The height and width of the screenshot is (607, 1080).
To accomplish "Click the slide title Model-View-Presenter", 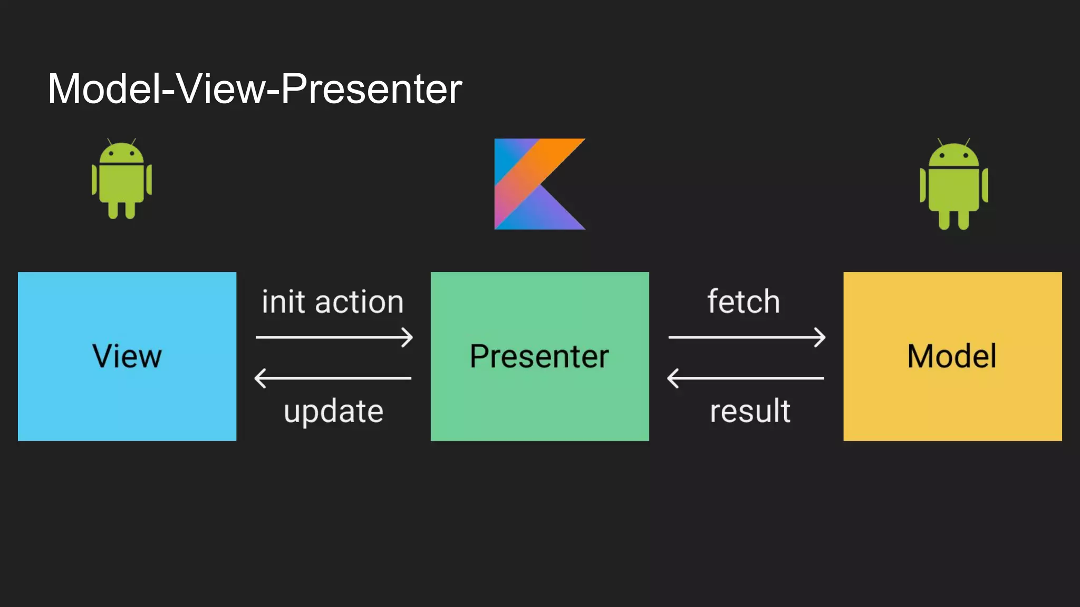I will click(255, 89).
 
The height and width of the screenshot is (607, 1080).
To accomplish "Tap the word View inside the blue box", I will click(127, 356).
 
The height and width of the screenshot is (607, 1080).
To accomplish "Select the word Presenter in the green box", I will click(539, 356).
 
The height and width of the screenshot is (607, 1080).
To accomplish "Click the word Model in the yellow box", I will click(952, 356).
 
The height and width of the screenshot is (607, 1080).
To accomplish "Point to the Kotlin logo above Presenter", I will click(539, 184).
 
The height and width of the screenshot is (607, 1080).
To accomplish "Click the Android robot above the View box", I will click(122, 180).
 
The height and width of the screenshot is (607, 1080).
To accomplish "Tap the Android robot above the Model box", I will click(953, 184).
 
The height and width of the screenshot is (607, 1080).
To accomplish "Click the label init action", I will click(333, 302).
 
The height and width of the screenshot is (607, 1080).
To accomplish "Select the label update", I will click(333, 411).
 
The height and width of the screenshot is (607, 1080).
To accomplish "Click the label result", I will click(750, 411).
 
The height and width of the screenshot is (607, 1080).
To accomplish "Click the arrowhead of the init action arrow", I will click(408, 337).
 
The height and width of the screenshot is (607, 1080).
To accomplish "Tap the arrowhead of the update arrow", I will click(259, 378).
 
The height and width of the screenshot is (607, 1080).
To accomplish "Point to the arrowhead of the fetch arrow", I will click(821, 337).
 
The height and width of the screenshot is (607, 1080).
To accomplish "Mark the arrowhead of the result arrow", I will click(672, 378).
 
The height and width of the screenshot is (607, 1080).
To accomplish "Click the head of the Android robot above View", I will click(122, 153).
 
